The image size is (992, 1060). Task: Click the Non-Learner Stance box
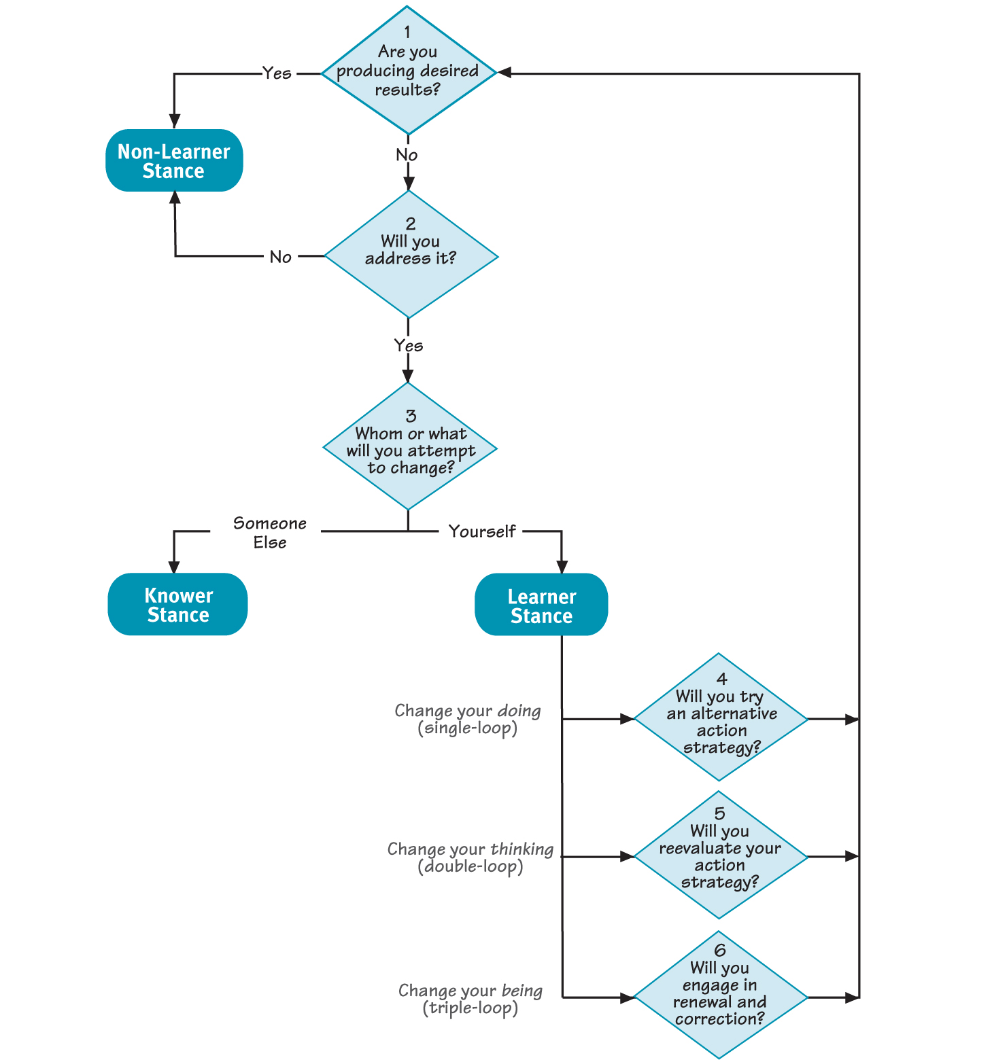coord(174,161)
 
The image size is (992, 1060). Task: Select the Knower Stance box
coord(177,605)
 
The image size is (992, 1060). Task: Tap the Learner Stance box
coord(541,605)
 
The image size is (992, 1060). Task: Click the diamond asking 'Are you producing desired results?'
coord(408,71)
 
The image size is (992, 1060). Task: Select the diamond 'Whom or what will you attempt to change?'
coord(410,447)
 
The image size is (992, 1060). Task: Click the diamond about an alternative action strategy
coord(721,718)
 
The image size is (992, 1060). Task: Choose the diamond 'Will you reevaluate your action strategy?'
coord(720,855)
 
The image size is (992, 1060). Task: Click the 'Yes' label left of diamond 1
coord(277,73)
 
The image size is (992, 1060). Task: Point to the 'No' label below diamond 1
coord(407,155)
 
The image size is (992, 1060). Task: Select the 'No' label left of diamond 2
coord(280,257)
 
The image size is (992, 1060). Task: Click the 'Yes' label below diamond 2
coord(408,346)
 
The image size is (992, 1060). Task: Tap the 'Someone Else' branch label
coord(270,533)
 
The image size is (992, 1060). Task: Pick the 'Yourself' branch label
coord(481,531)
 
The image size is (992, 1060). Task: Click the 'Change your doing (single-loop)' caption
coord(468,720)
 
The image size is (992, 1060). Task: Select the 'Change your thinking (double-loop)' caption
coord(470,858)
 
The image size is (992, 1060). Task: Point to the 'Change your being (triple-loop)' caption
coord(470,999)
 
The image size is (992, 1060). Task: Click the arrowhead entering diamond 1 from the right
coord(505,73)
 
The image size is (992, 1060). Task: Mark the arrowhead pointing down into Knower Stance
coord(174,566)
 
